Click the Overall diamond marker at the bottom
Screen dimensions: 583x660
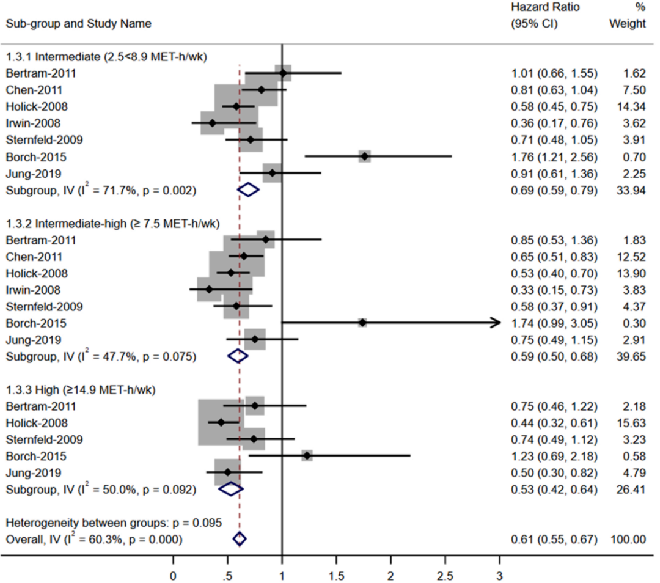click(239, 538)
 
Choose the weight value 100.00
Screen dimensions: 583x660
click(628, 538)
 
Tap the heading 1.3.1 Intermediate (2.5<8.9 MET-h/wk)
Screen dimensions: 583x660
click(107, 57)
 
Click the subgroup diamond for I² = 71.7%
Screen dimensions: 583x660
click(248, 190)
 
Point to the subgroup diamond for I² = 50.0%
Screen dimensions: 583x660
click(231, 489)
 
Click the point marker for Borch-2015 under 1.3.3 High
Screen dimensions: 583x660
click(307, 455)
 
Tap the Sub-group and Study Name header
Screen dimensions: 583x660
click(79, 24)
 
